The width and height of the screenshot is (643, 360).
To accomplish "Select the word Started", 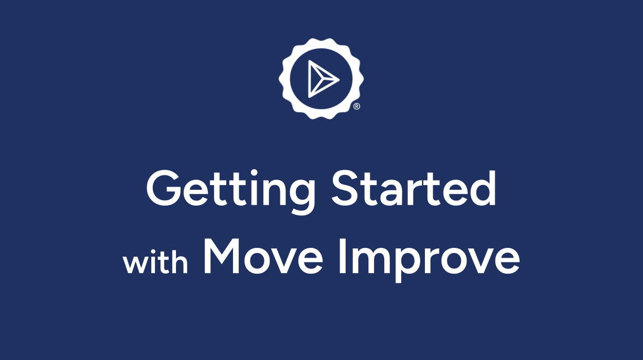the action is pyautogui.click(x=414, y=188).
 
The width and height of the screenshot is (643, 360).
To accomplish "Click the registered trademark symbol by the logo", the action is pyautogui.click(x=356, y=106).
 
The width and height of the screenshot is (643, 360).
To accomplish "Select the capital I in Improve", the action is pyautogui.click(x=342, y=256).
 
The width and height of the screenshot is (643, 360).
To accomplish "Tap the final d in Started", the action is pyautogui.click(x=481, y=188).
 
